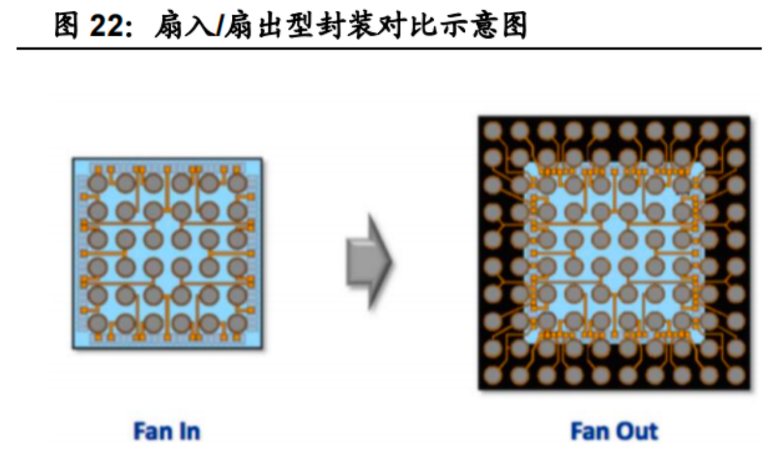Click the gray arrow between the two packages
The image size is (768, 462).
tap(368, 262)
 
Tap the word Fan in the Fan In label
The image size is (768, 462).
tap(149, 431)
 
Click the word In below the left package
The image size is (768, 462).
tap(188, 431)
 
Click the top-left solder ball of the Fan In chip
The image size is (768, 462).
tap(98, 184)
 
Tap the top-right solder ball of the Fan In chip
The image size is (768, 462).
tap(237, 184)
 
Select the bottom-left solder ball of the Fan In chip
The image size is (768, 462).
tap(98, 323)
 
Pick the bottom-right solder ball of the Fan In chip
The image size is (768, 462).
tap(237, 323)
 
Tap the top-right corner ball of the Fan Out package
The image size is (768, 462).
tap(736, 131)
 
